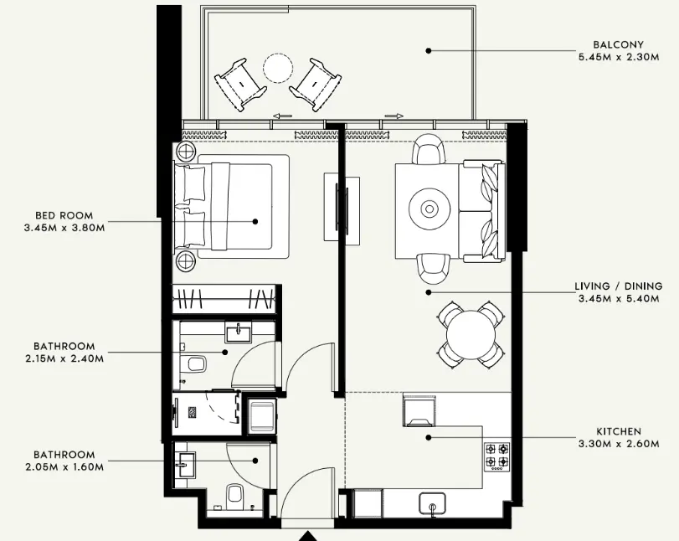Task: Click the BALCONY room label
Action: tap(619, 44)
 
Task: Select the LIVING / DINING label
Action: tap(618, 286)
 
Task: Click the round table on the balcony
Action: tap(278, 67)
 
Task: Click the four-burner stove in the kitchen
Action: tap(496, 455)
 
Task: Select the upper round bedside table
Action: tap(185, 152)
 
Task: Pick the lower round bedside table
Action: tap(185, 260)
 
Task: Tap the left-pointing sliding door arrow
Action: tap(282, 116)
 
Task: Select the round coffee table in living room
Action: tap(429, 208)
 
